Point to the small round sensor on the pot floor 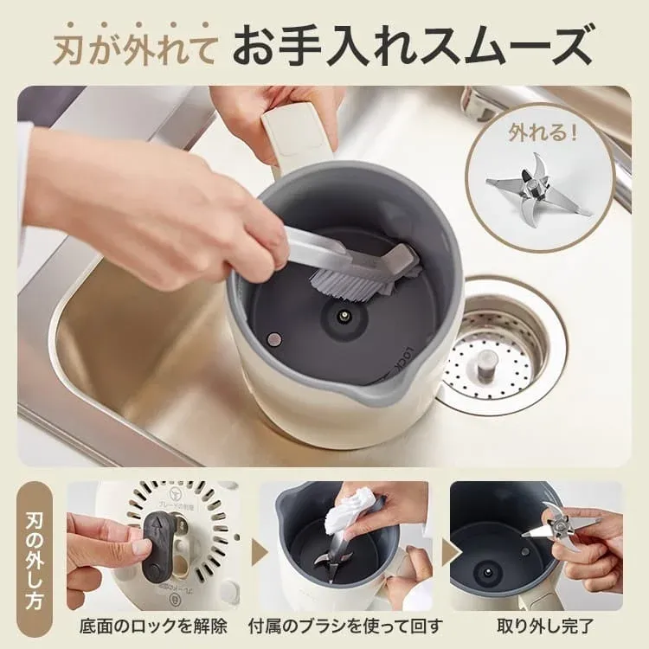pos(274,339)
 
